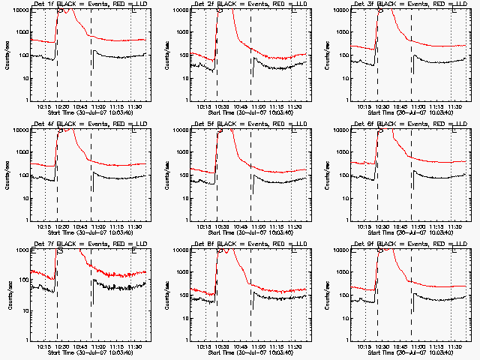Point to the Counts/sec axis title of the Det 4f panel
click(7, 175)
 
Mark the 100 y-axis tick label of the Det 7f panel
click(21, 280)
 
